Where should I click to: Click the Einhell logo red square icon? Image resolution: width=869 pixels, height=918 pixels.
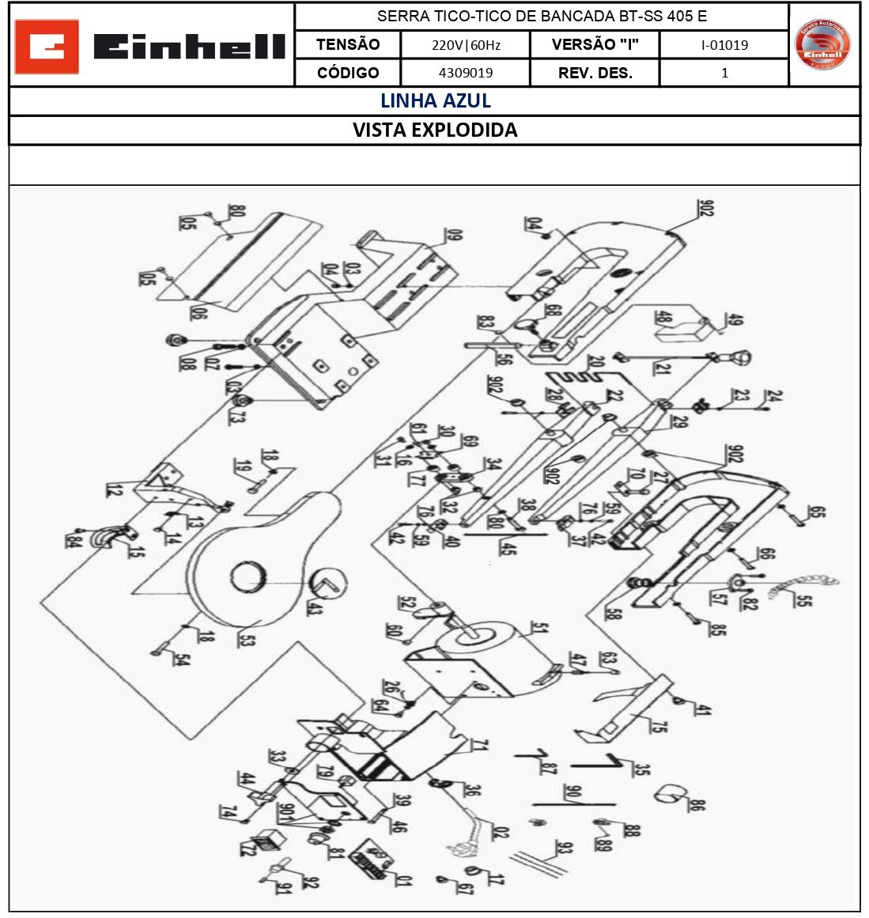click(47, 47)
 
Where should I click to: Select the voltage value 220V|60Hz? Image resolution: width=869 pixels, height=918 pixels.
click(466, 45)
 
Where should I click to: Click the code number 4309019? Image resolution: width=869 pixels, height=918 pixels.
click(466, 73)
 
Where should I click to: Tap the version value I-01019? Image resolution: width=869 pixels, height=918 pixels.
click(724, 45)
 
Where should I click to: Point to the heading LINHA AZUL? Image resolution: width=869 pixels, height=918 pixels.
click(435, 101)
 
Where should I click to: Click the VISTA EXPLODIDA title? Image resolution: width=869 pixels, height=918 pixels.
click(435, 130)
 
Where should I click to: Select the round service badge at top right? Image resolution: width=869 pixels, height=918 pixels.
click(822, 44)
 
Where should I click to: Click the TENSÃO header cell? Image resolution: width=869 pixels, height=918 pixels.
click(348, 45)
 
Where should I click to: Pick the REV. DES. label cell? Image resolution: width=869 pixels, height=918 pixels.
click(595, 73)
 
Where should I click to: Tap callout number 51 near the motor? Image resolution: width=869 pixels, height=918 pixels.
click(539, 629)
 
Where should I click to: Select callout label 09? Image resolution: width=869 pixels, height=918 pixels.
click(454, 235)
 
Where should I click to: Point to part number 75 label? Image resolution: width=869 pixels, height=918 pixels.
click(659, 723)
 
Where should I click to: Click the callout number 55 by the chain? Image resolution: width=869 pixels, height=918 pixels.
click(802, 599)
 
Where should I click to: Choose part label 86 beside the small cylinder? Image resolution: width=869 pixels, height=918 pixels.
click(696, 805)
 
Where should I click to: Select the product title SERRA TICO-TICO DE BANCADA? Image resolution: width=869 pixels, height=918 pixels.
click(542, 16)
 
